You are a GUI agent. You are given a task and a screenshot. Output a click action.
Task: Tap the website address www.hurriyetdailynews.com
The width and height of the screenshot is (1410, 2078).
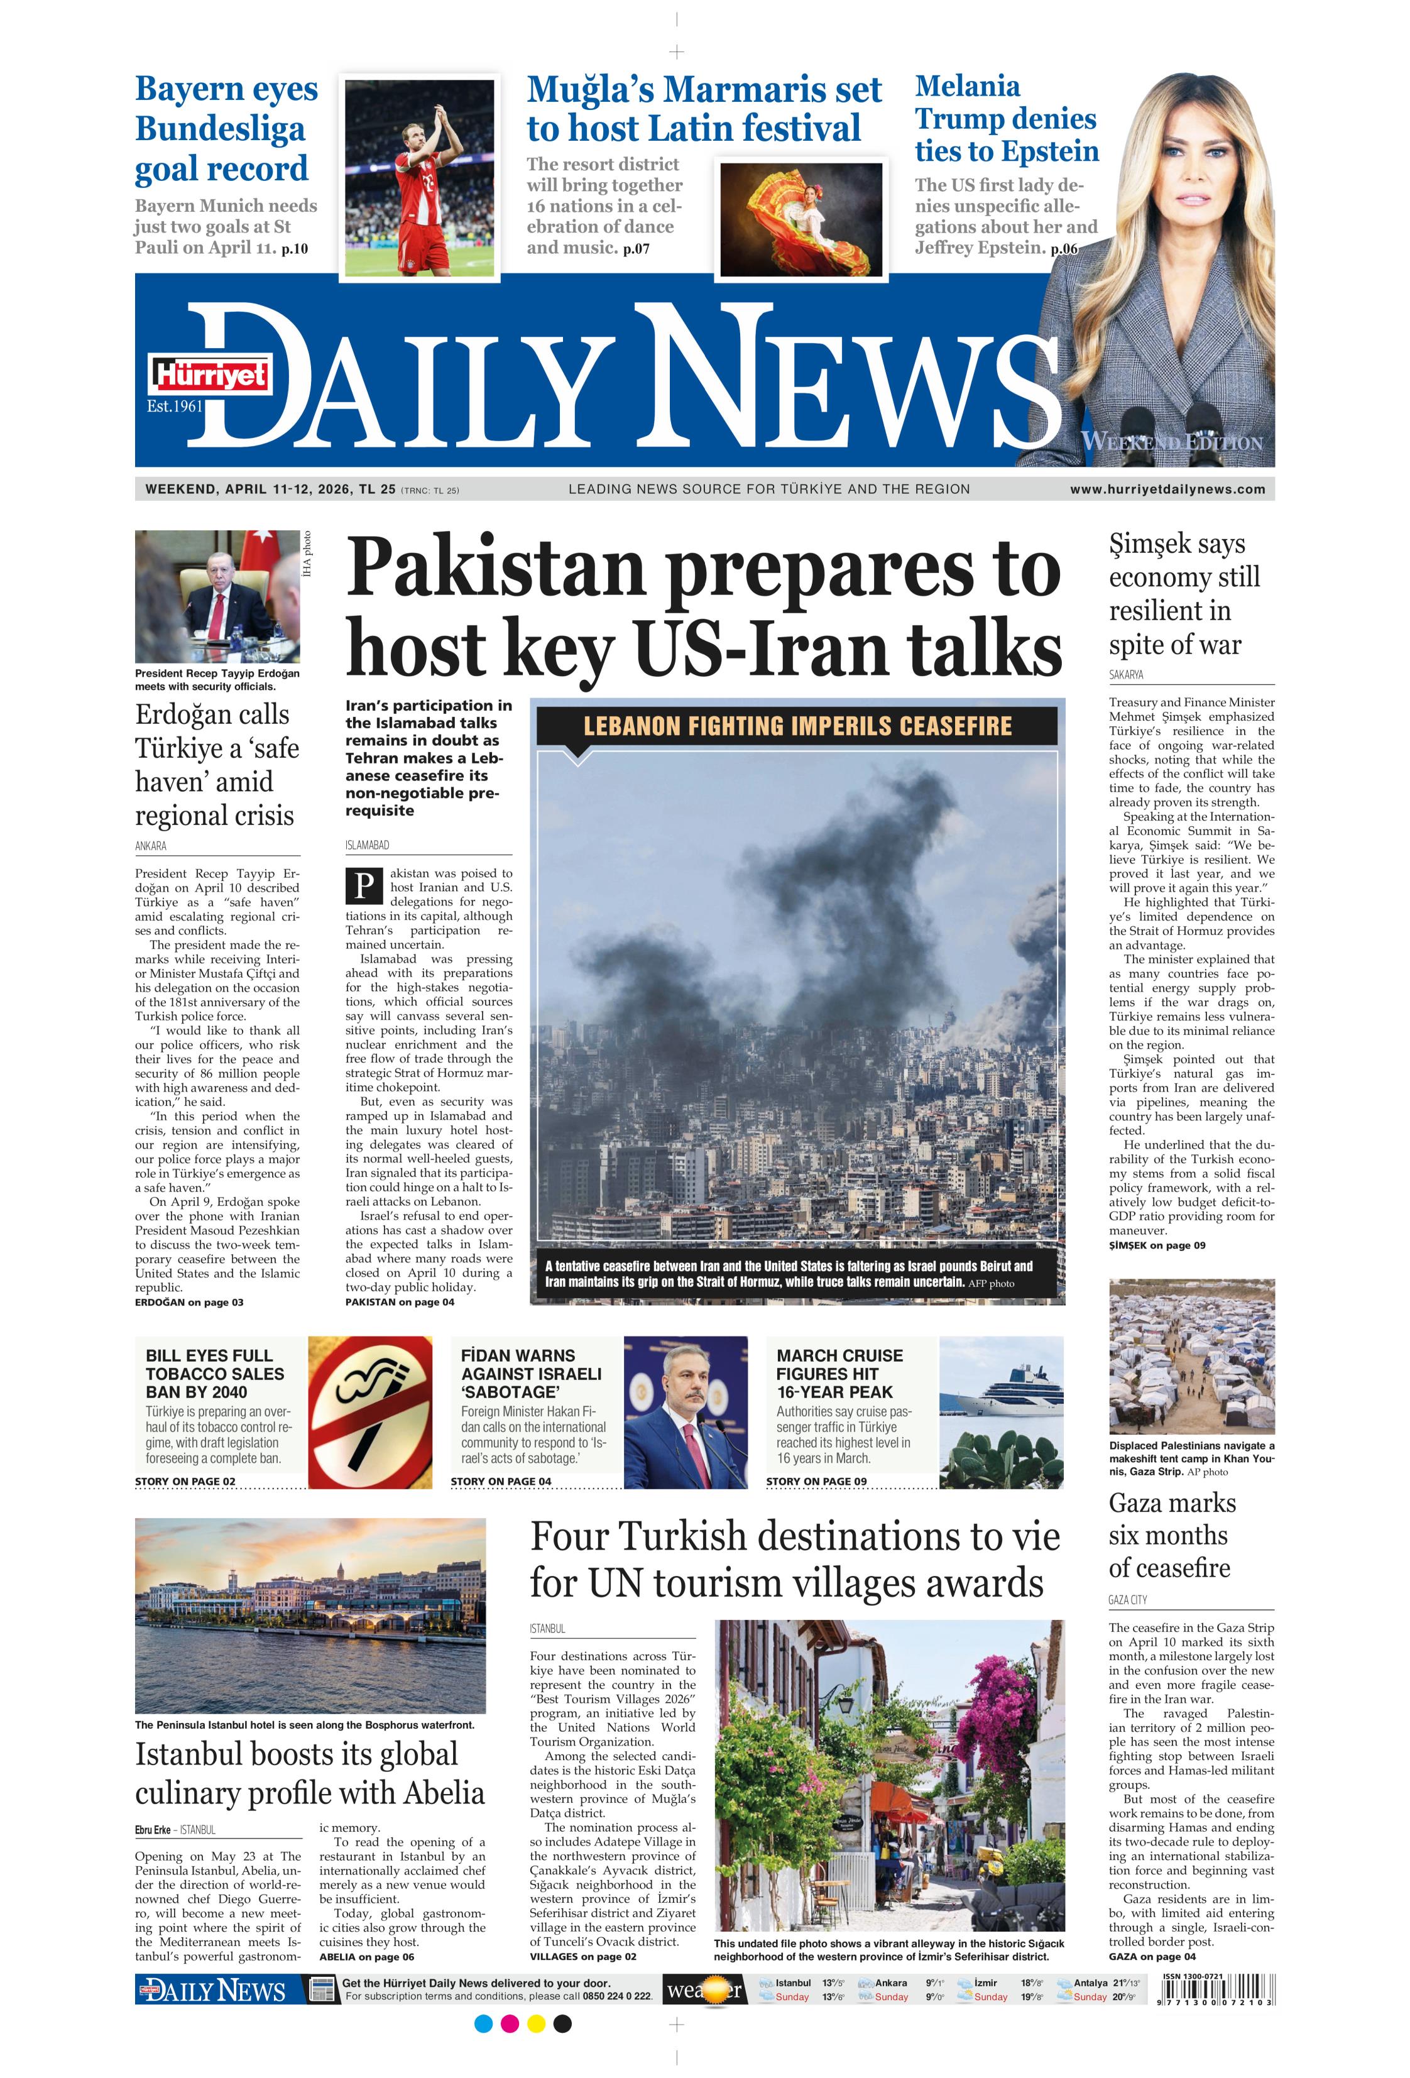click(1167, 489)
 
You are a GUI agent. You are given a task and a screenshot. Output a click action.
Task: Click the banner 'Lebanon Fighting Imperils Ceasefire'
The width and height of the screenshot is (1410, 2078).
click(797, 725)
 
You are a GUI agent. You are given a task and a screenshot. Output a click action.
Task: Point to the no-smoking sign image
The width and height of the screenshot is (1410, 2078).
click(369, 1412)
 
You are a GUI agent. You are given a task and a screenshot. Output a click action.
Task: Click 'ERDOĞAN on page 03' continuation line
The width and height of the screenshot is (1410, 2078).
click(189, 1302)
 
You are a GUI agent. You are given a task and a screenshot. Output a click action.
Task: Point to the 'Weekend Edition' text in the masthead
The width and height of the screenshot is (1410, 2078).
click(1171, 442)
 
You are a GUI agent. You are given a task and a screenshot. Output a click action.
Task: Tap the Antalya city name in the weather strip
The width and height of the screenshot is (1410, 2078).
click(1090, 1982)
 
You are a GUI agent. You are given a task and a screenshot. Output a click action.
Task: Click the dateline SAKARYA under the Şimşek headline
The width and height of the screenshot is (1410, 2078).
click(1126, 674)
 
